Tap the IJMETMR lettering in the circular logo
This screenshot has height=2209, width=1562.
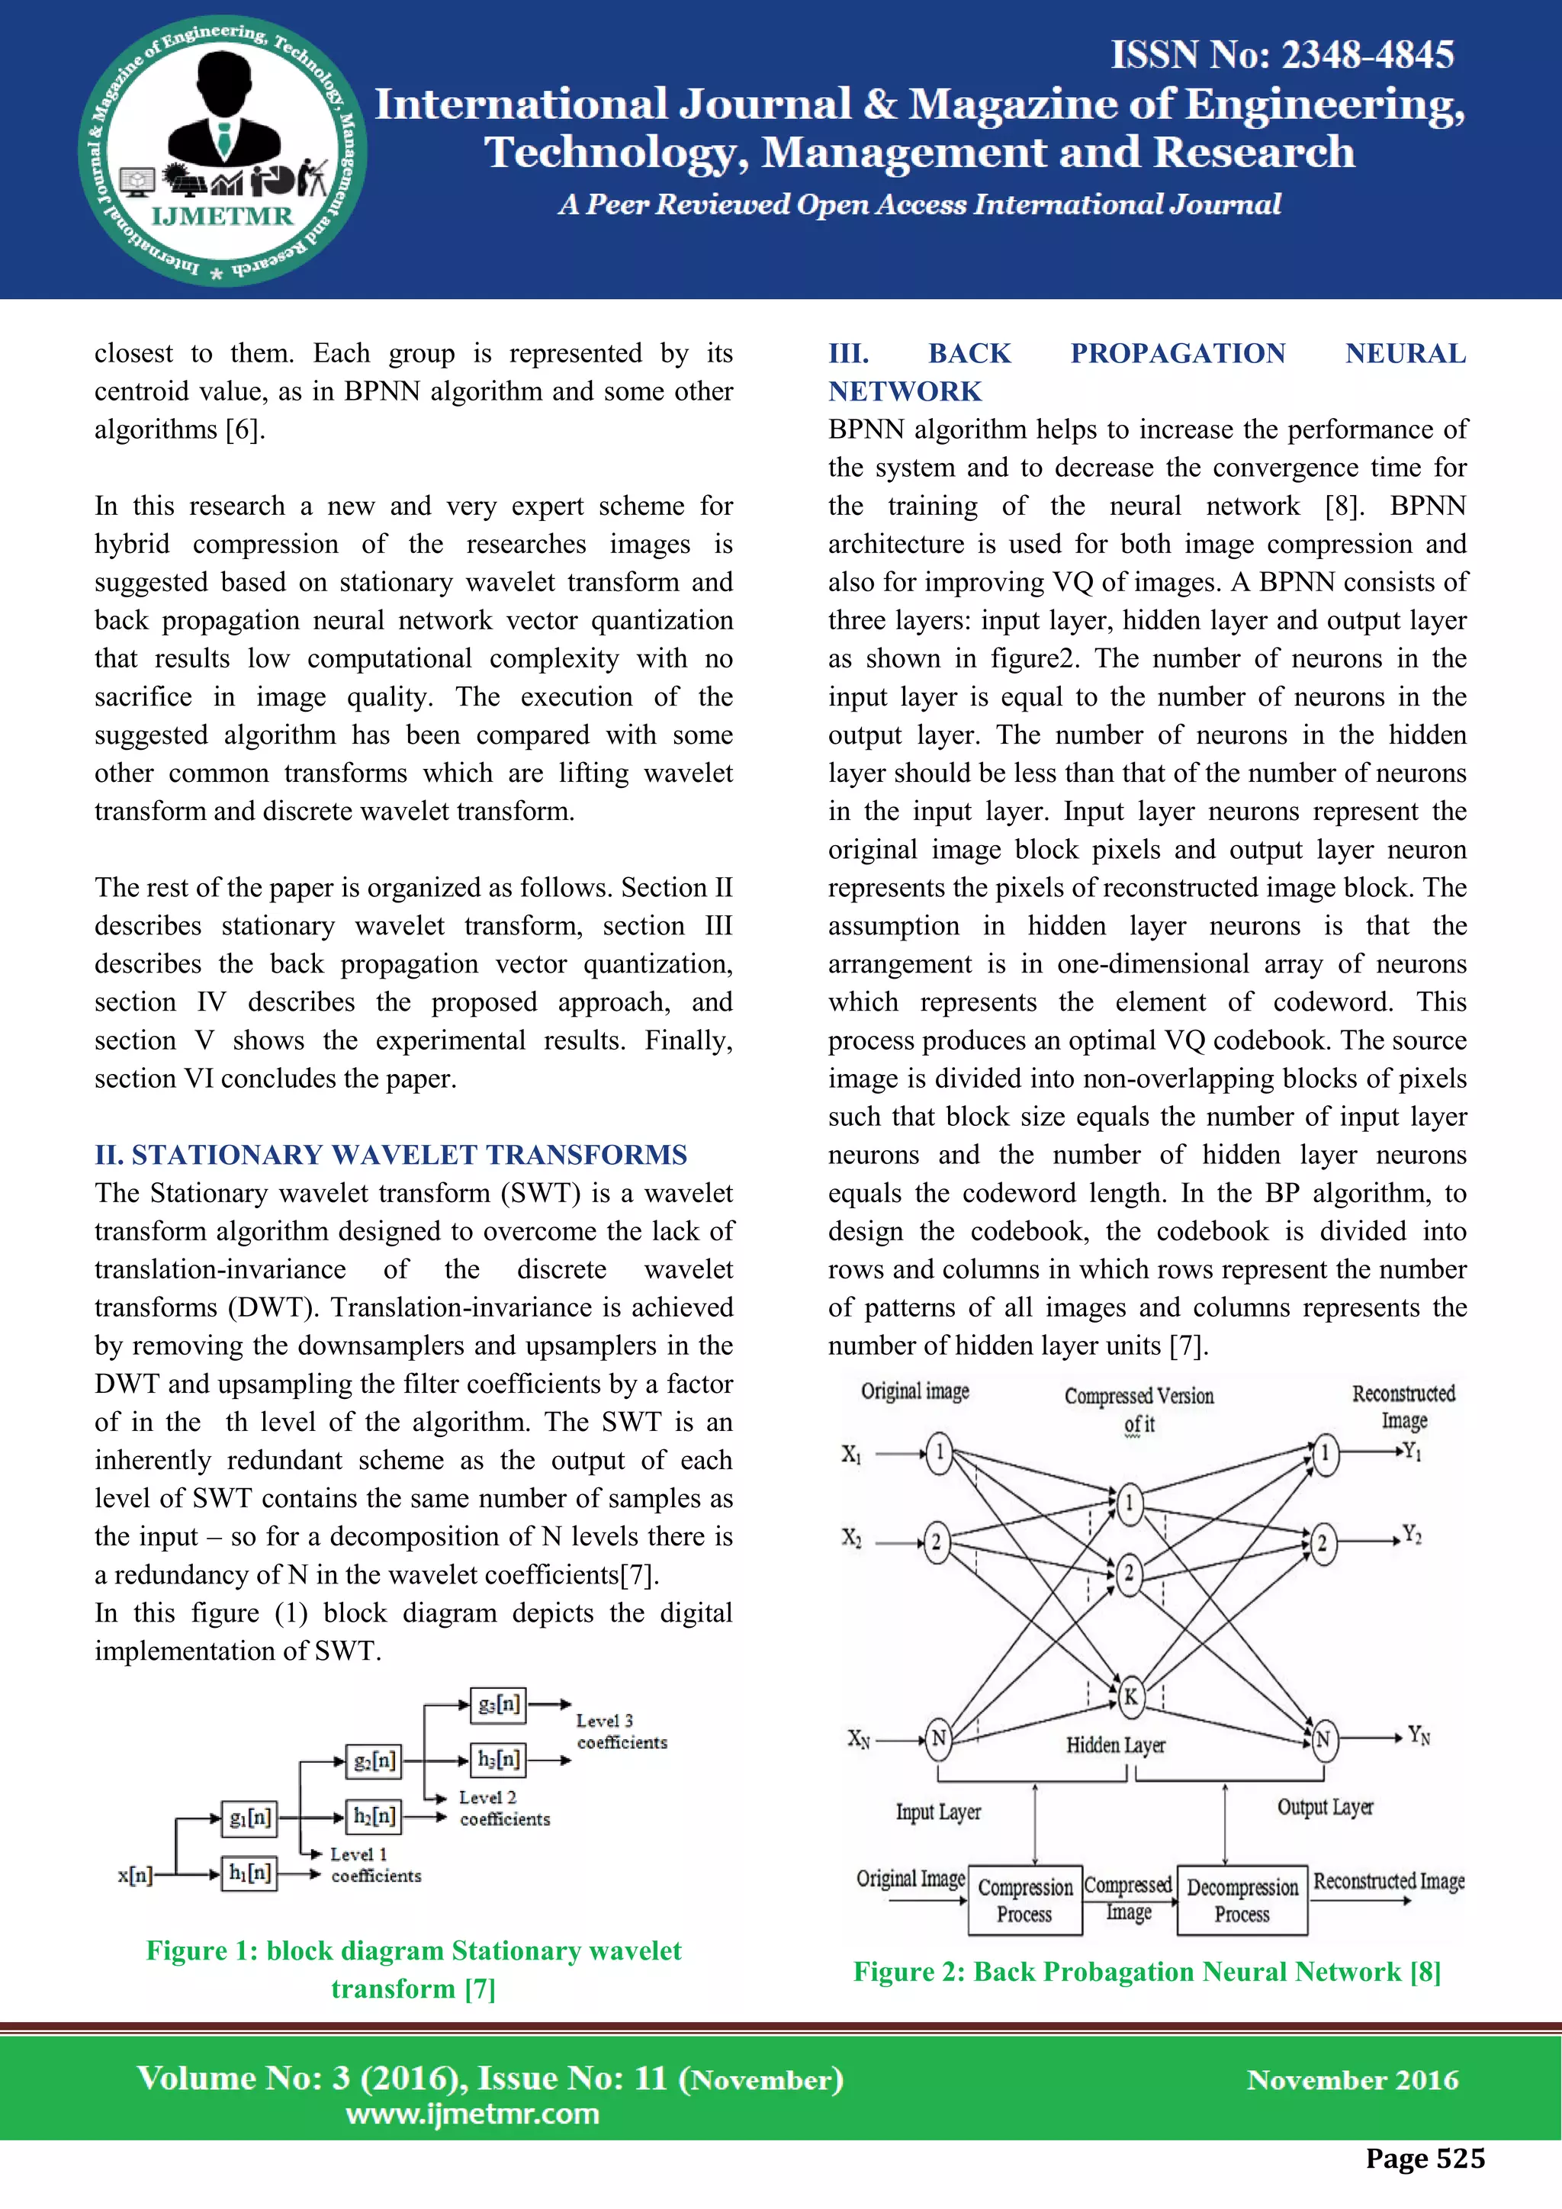click(222, 216)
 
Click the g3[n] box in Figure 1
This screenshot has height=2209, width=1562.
click(498, 1705)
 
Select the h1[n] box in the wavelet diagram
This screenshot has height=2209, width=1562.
click(249, 1873)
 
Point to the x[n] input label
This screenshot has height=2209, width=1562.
click(135, 1875)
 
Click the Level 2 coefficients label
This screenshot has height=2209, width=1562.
click(503, 1808)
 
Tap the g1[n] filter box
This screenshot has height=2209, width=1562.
click(249, 1818)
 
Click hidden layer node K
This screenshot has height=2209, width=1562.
click(1130, 1697)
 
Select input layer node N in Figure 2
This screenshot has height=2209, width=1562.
click(938, 1738)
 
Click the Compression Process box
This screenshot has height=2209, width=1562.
click(1024, 1900)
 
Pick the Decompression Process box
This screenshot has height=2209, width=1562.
click(1242, 1900)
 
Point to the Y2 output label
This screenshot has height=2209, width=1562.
click(1411, 1534)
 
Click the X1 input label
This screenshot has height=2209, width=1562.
click(851, 1454)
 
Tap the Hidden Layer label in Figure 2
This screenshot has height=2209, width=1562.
click(1115, 1745)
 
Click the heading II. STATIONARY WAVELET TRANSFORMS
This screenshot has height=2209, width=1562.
click(390, 1155)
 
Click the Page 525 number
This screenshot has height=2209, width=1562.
click(1425, 2158)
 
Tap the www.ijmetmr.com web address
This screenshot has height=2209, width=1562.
click(472, 2114)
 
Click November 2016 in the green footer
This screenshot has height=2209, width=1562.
click(1351, 2080)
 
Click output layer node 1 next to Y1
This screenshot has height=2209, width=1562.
click(1325, 1453)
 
